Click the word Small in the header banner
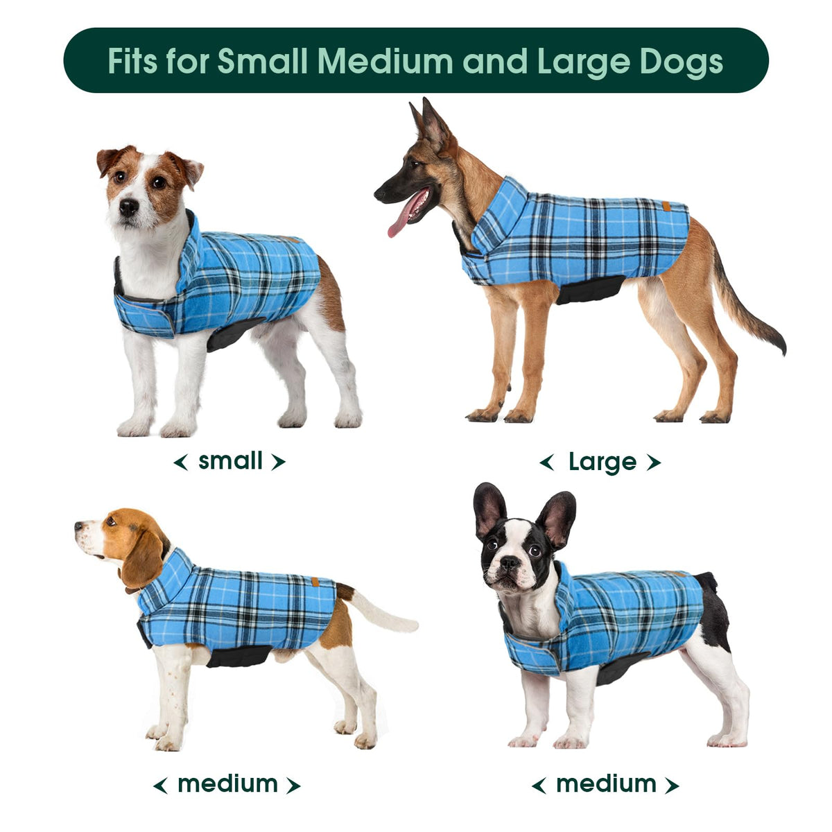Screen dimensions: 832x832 tap(263, 60)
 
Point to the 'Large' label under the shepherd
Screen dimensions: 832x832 tap(603, 462)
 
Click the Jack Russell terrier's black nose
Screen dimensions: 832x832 tap(129, 207)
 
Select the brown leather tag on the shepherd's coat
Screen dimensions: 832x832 tap(666, 206)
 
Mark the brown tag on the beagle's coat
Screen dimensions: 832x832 tap(315, 582)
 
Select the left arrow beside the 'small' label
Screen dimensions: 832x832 tap(180, 462)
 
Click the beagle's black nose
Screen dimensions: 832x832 tap(78, 526)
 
